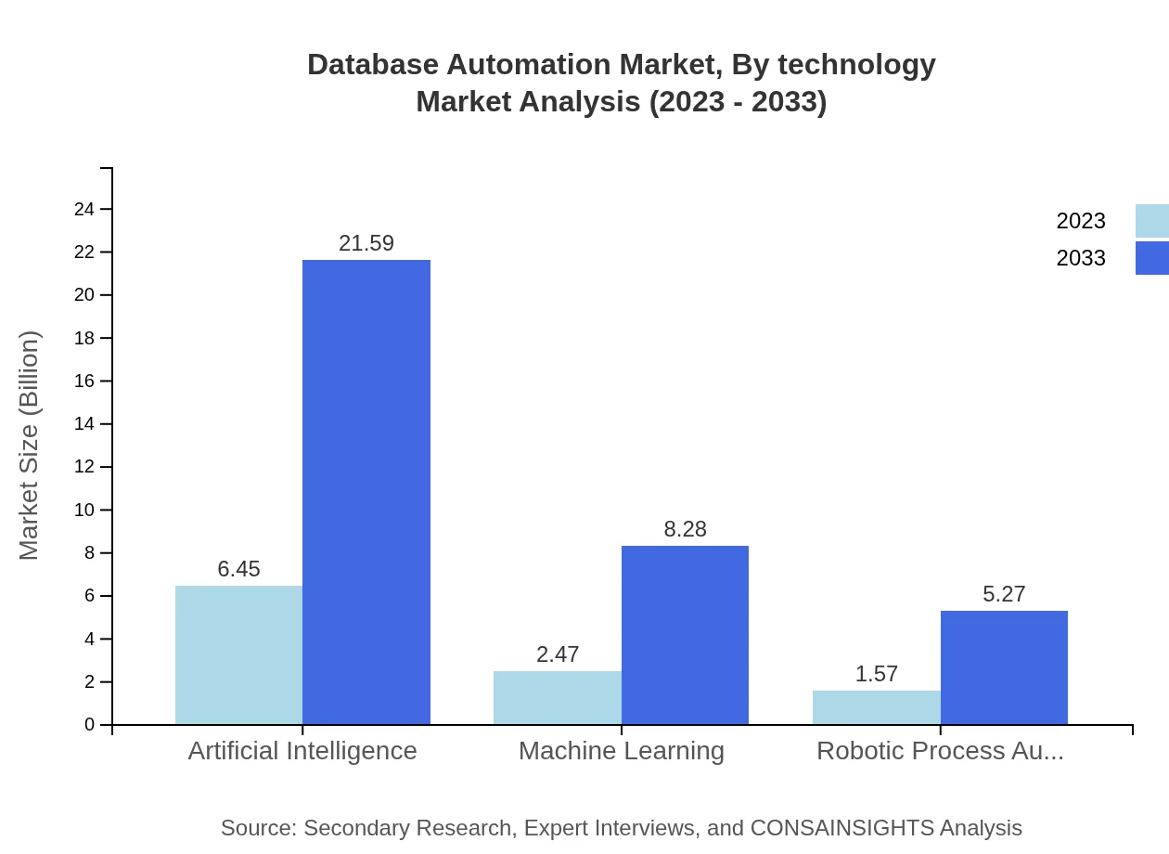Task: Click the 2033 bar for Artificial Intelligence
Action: point(366,492)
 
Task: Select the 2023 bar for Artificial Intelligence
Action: point(238,654)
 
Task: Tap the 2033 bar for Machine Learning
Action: point(685,635)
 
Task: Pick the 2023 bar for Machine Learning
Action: point(557,697)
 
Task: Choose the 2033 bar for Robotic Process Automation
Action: point(1004,667)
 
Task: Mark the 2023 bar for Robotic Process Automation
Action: point(876,707)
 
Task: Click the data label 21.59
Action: point(366,243)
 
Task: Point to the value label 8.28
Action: point(685,529)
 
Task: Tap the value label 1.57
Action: point(876,674)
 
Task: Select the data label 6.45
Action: point(238,569)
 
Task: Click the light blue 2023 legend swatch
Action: point(1151,221)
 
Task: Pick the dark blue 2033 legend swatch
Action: point(1151,258)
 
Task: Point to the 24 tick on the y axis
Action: point(84,210)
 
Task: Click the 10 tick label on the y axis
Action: point(84,511)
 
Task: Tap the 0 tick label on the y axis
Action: point(90,725)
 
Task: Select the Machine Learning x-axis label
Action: point(622,751)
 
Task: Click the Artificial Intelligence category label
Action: point(302,751)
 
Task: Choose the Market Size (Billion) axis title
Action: point(30,446)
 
